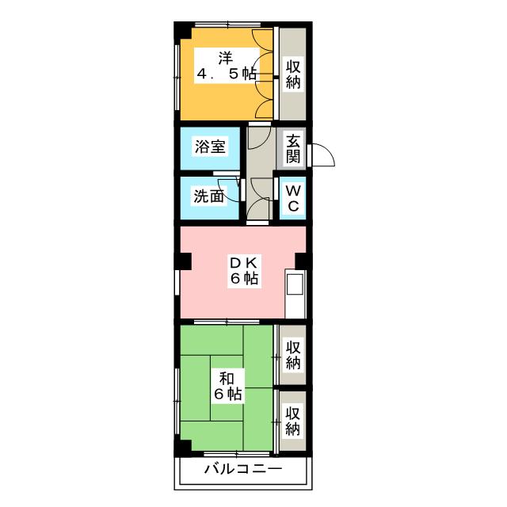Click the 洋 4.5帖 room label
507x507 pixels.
click(x=227, y=66)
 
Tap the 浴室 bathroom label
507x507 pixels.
click(x=210, y=147)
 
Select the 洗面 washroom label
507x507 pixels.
click(x=209, y=196)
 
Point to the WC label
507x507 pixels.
click(x=293, y=198)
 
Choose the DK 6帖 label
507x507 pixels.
click(x=244, y=270)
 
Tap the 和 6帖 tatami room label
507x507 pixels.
click(x=227, y=386)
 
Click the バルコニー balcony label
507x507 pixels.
click(x=243, y=468)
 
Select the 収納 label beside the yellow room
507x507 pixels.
click(x=293, y=74)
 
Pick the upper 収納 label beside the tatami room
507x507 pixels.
click(x=293, y=355)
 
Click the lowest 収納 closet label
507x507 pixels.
click(x=293, y=421)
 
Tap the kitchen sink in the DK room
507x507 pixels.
click(x=295, y=284)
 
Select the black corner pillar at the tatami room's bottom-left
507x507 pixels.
click(x=183, y=448)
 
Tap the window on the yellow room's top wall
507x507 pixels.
click(x=228, y=25)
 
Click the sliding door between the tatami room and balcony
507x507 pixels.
click(x=238, y=454)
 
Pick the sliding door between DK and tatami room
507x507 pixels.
click(x=227, y=322)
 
